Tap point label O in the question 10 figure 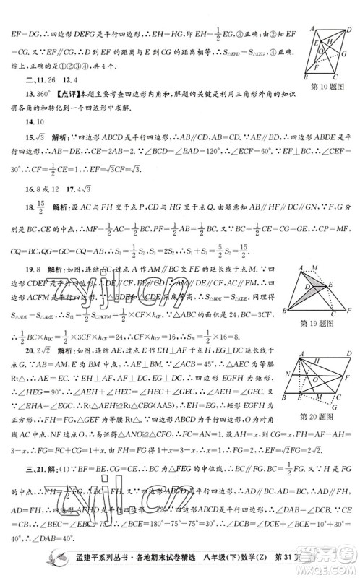[334, 61]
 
